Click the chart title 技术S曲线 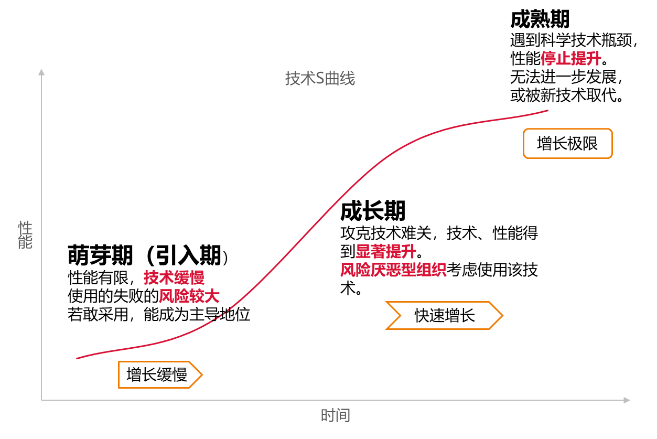[320, 79]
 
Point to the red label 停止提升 [570, 58]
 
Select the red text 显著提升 [386, 251]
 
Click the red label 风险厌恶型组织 [393, 270]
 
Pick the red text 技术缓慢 [174, 277]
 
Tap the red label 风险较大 [189, 296]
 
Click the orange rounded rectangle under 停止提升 [567, 143]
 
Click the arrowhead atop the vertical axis [41, 72]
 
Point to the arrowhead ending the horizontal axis [627, 400]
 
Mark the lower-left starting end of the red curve [78, 358]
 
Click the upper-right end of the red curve [547, 111]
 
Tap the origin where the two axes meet [41, 400]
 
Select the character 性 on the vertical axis [25, 228]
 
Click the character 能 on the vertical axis [25, 242]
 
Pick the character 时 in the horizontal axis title [328, 416]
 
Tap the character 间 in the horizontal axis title [342, 416]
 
